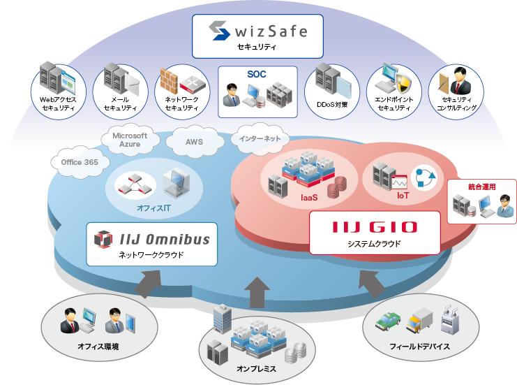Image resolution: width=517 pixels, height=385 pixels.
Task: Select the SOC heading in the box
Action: pos(257,74)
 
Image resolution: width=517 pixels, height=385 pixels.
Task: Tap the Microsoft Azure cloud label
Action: pos(130,140)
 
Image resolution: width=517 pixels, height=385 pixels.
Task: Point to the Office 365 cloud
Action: pos(80,162)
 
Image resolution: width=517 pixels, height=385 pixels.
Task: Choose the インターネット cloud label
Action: pos(260,138)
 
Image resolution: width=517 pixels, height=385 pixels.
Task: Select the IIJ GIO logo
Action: pos(375,227)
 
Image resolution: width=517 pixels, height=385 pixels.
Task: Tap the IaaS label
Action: pos(310,198)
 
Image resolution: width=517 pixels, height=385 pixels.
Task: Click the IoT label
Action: pos(403,196)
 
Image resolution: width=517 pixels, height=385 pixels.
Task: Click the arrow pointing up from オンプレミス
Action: pos(257,289)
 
